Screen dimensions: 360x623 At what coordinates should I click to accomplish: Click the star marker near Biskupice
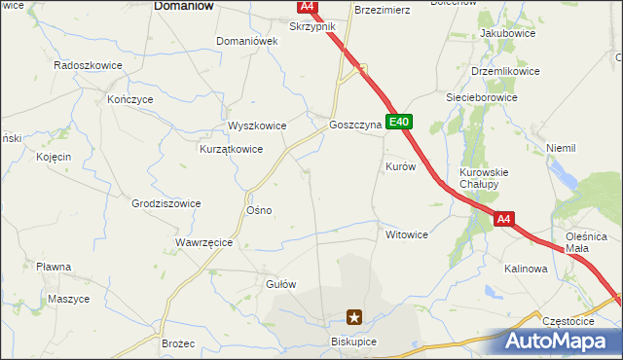pos(355,316)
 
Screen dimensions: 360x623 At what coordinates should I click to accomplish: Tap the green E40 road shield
pos(400,123)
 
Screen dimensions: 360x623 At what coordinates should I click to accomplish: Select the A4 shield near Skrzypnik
pos(308,6)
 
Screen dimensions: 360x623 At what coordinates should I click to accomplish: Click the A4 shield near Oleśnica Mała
pos(503,220)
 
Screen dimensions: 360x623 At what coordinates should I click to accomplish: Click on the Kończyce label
pos(129,99)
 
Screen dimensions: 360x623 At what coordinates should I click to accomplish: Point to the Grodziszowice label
pos(165,203)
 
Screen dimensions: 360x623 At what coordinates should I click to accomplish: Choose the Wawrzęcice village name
pos(203,242)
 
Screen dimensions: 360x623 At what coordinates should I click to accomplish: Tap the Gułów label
pos(280,284)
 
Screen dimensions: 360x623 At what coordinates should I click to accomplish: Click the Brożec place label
pos(179,344)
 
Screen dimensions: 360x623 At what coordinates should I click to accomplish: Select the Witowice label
pos(407,234)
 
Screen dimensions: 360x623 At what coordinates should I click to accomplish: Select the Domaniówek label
pos(247,41)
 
